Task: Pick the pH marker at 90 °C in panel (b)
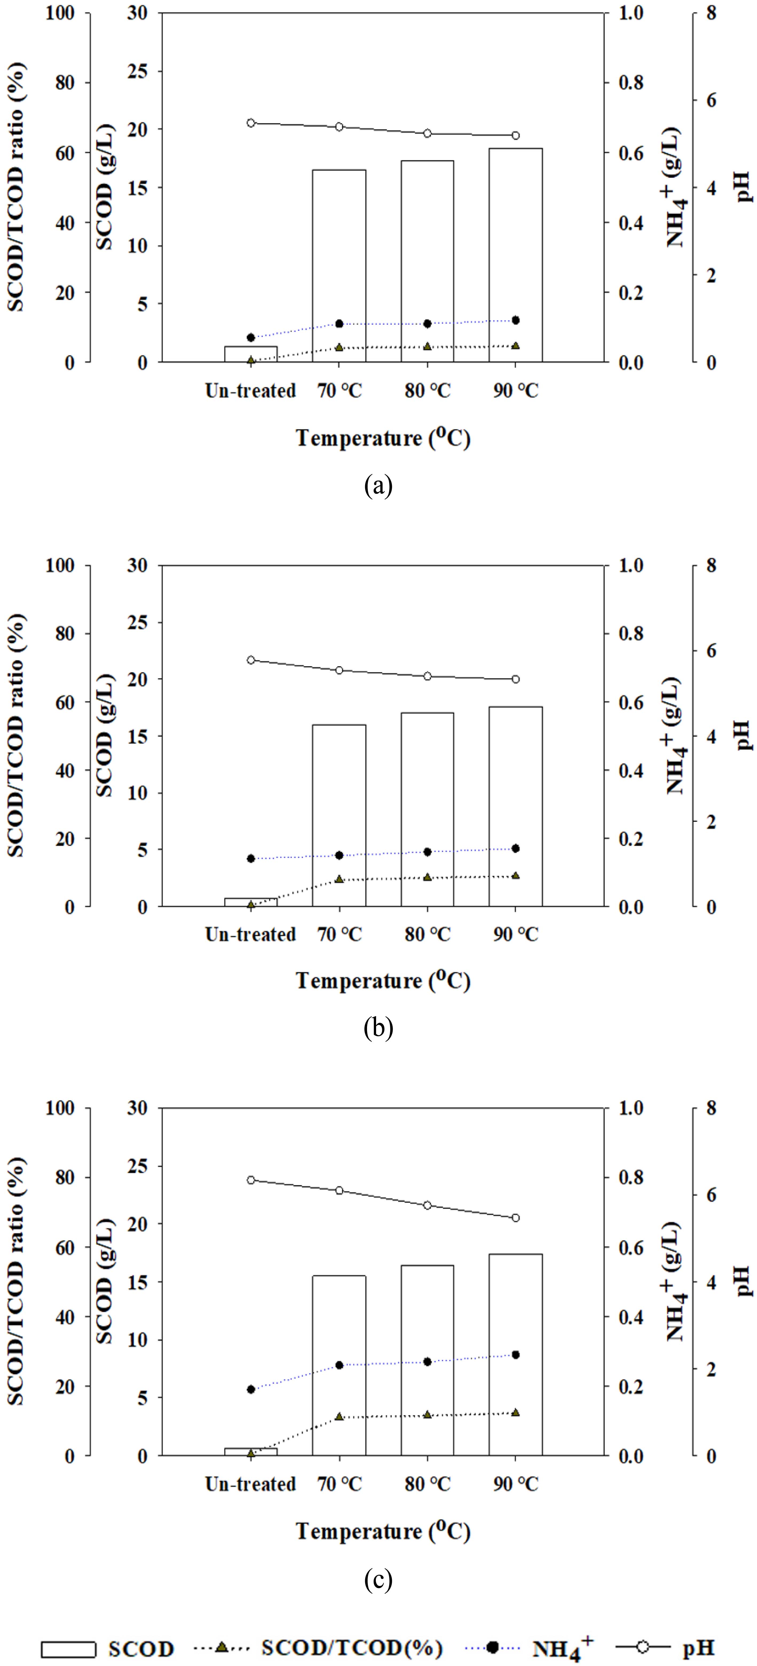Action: [x=516, y=679]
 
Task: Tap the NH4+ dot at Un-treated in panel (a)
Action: [x=251, y=338]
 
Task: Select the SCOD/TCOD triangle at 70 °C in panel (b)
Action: [x=339, y=880]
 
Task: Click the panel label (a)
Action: [x=378, y=485]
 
